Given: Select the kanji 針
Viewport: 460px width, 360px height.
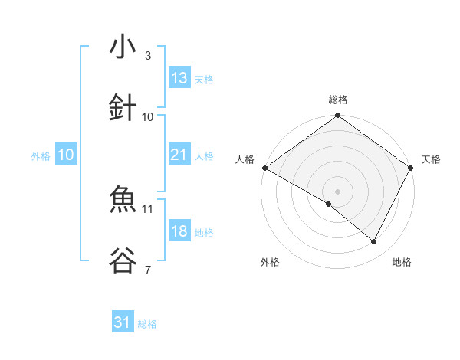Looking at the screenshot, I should point(123,107).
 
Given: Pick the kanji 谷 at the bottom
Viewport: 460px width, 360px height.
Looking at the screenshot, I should point(123,261).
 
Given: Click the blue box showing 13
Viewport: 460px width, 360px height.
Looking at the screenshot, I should point(179,77).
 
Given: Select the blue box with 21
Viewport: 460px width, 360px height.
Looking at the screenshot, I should point(179,155).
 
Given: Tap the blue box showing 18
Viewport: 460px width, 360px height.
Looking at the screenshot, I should point(179,232).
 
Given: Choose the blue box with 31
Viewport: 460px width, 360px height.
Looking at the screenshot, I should point(123,322).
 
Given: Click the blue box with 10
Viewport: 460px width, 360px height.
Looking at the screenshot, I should point(66,155).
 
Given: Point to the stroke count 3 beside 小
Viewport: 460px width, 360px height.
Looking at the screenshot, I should point(148,56).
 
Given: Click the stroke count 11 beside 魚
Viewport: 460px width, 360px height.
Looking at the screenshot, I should point(148,208).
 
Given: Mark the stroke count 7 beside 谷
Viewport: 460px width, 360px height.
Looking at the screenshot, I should point(148,270).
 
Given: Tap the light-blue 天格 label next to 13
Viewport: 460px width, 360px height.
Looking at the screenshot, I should point(204,80).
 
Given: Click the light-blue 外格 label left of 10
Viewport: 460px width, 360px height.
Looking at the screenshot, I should point(41,156).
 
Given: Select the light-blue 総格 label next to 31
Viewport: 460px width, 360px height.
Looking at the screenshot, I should point(147,324).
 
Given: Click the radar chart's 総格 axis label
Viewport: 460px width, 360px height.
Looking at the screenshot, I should point(337,100).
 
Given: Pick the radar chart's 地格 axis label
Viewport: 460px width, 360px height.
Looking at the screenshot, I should point(402,262).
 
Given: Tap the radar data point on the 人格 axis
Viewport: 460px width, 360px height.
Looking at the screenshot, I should point(264,168).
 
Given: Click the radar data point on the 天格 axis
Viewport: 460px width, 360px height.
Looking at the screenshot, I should point(411,168).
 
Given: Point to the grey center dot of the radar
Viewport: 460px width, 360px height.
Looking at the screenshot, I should point(337,191).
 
